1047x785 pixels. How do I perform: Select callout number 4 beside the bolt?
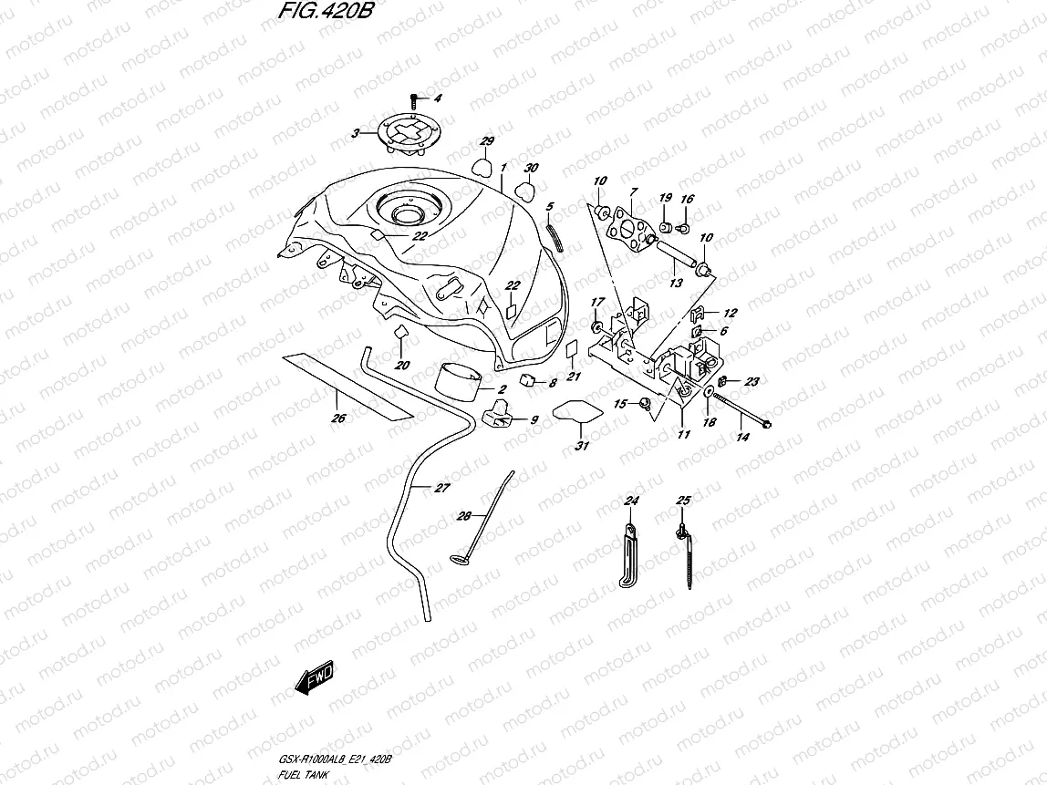[x=437, y=98]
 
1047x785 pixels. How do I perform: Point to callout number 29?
[x=487, y=141]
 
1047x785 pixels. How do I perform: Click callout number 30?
[x=531, y=169]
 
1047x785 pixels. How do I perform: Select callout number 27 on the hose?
[x=441, y=489]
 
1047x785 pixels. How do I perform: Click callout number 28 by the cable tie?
[x=464, y=516]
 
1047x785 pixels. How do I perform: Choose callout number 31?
[x=581, y=445]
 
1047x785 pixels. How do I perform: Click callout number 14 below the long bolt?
[x=742, y=438]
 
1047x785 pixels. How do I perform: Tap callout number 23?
[x=752, y=381]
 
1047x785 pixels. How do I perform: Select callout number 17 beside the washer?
[x=598, y=302]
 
